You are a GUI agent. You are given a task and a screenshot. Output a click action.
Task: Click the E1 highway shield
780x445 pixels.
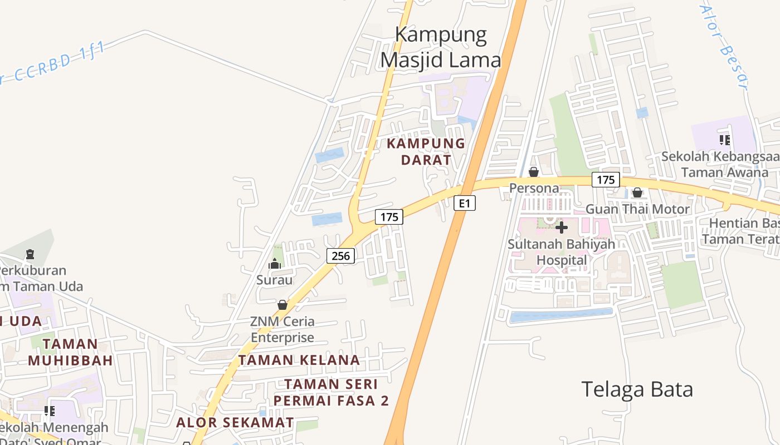[x=465, y=204]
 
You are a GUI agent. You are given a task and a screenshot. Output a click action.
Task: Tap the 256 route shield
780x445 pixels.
[x=340, y=256]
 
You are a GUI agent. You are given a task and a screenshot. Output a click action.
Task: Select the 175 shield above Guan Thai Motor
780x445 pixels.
[x=605, y=180]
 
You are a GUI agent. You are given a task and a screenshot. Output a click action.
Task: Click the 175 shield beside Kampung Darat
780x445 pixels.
[x=389, y=217]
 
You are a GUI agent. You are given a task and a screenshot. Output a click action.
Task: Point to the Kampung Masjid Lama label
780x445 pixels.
[x=441, y=47]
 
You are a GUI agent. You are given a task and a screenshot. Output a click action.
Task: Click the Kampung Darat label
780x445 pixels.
[x=426, y=151]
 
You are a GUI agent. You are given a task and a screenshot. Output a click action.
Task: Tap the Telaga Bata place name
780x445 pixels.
[x=637, y=389]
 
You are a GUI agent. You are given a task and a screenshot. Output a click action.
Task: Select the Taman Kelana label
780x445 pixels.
[x=299, y=360]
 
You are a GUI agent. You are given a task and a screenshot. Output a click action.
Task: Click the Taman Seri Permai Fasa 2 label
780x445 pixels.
[x=331, y=392]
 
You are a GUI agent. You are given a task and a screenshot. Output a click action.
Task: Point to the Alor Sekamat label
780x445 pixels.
[x=235, y=422]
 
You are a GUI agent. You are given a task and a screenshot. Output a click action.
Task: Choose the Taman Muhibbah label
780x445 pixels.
[x=70, y=352]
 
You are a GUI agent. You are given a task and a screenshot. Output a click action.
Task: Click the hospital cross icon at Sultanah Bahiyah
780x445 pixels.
[x=562, y=227]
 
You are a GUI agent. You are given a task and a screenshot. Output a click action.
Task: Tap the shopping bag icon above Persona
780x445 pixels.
[x=534, y=172]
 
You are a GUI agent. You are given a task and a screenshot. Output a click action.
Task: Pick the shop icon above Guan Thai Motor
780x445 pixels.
[x=637, y=193]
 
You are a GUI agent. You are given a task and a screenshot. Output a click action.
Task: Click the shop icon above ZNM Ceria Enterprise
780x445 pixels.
[x=282, y=305]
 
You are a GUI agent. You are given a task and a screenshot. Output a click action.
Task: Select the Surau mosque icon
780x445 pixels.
[x=274, y=264]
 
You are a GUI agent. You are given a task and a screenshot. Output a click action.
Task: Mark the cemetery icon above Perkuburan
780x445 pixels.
[x=30, y=254]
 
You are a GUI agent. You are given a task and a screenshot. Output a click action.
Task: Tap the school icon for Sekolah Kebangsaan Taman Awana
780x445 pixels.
[x=724, y=140]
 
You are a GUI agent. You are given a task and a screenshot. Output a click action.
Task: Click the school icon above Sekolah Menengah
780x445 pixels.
[x=50, y=411]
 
